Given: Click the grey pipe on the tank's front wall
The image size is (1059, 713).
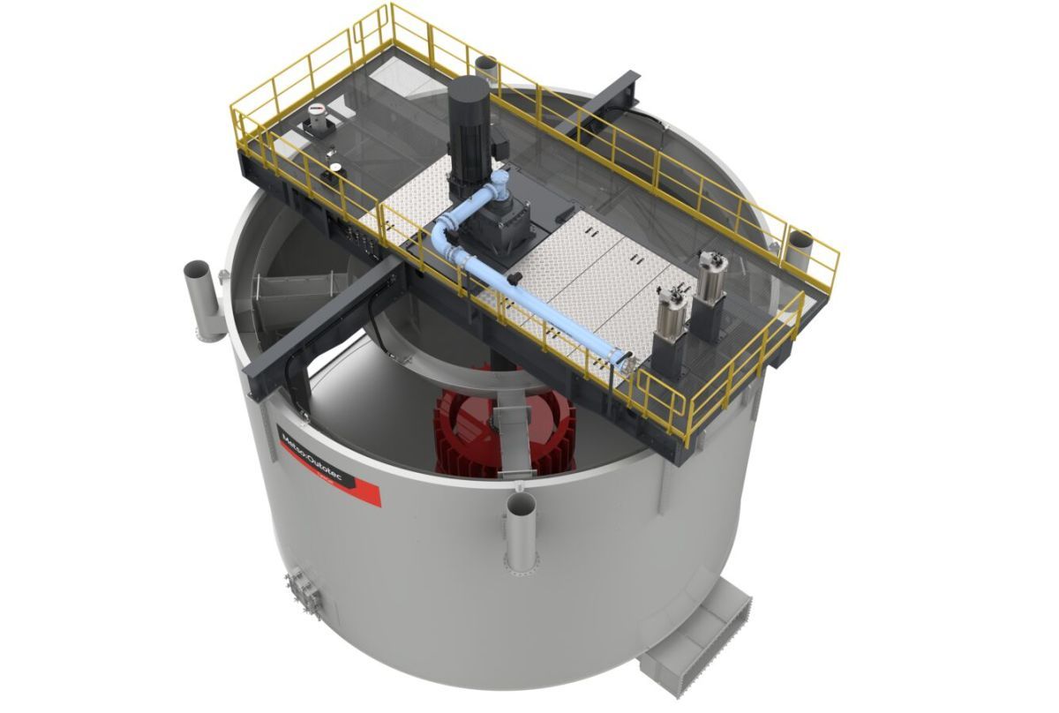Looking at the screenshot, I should click(520, 529).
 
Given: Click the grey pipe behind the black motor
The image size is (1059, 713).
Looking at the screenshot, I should click(486, 71).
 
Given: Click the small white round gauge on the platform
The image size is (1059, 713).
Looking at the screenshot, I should click(335, 168).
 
